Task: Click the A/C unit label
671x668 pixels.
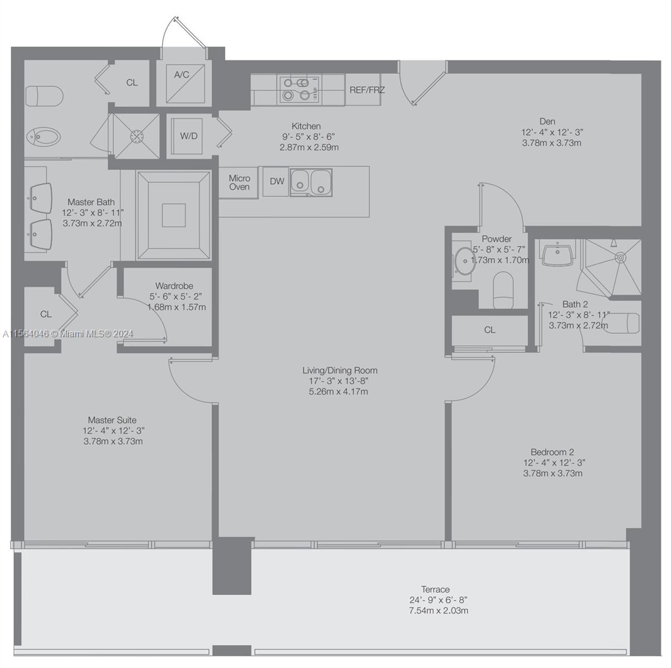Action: click(182, 75)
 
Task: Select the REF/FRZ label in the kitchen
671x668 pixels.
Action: click(367, 90)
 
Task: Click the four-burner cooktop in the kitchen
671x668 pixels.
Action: click(299, 90)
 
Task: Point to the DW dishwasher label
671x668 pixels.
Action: click(277, 181)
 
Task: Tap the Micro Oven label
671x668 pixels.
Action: click(239, 183)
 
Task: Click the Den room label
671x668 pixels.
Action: click(547, 121)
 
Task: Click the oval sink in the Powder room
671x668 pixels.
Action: click(464, 261)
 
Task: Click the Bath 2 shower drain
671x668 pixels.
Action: click(620, 257)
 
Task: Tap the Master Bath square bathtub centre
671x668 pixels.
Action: click(173, 215)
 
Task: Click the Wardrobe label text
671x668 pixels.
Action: click(174, 286)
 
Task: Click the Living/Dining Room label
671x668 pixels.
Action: click(339, 370)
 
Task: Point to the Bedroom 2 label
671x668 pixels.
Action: click(552, 452)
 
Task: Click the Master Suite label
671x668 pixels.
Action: click(112, 420)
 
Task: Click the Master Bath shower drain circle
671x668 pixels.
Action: click(137, 136)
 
